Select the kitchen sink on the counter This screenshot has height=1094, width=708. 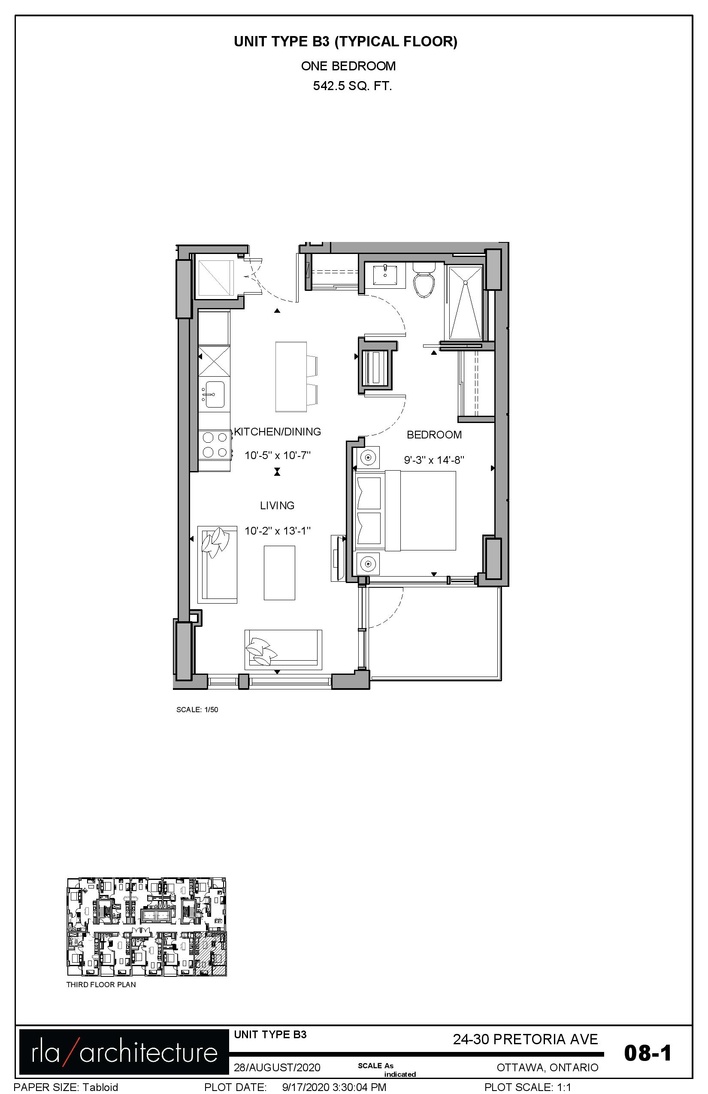click(215, 394)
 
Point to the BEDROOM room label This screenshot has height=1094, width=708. click(434, 435)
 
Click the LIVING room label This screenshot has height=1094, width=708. click(277, 506)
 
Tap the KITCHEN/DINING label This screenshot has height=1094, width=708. click(278, 432)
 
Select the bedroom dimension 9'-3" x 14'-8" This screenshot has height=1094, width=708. click(434, 459)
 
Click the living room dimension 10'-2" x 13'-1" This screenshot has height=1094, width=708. click(278, 531)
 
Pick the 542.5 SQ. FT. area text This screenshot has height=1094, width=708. click(352, 86)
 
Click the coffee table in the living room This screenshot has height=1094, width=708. click(279, 573)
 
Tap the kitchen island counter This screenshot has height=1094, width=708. click(291, 377)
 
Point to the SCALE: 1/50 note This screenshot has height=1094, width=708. click(197, 710)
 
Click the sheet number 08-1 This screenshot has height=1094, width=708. click(648, 1053)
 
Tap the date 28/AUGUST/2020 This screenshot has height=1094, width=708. click(277, 1068)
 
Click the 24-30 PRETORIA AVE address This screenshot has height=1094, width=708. click(526, 1039)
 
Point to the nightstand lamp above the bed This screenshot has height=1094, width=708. click(368, 457)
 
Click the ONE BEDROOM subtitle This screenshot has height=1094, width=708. click(348, 66)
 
